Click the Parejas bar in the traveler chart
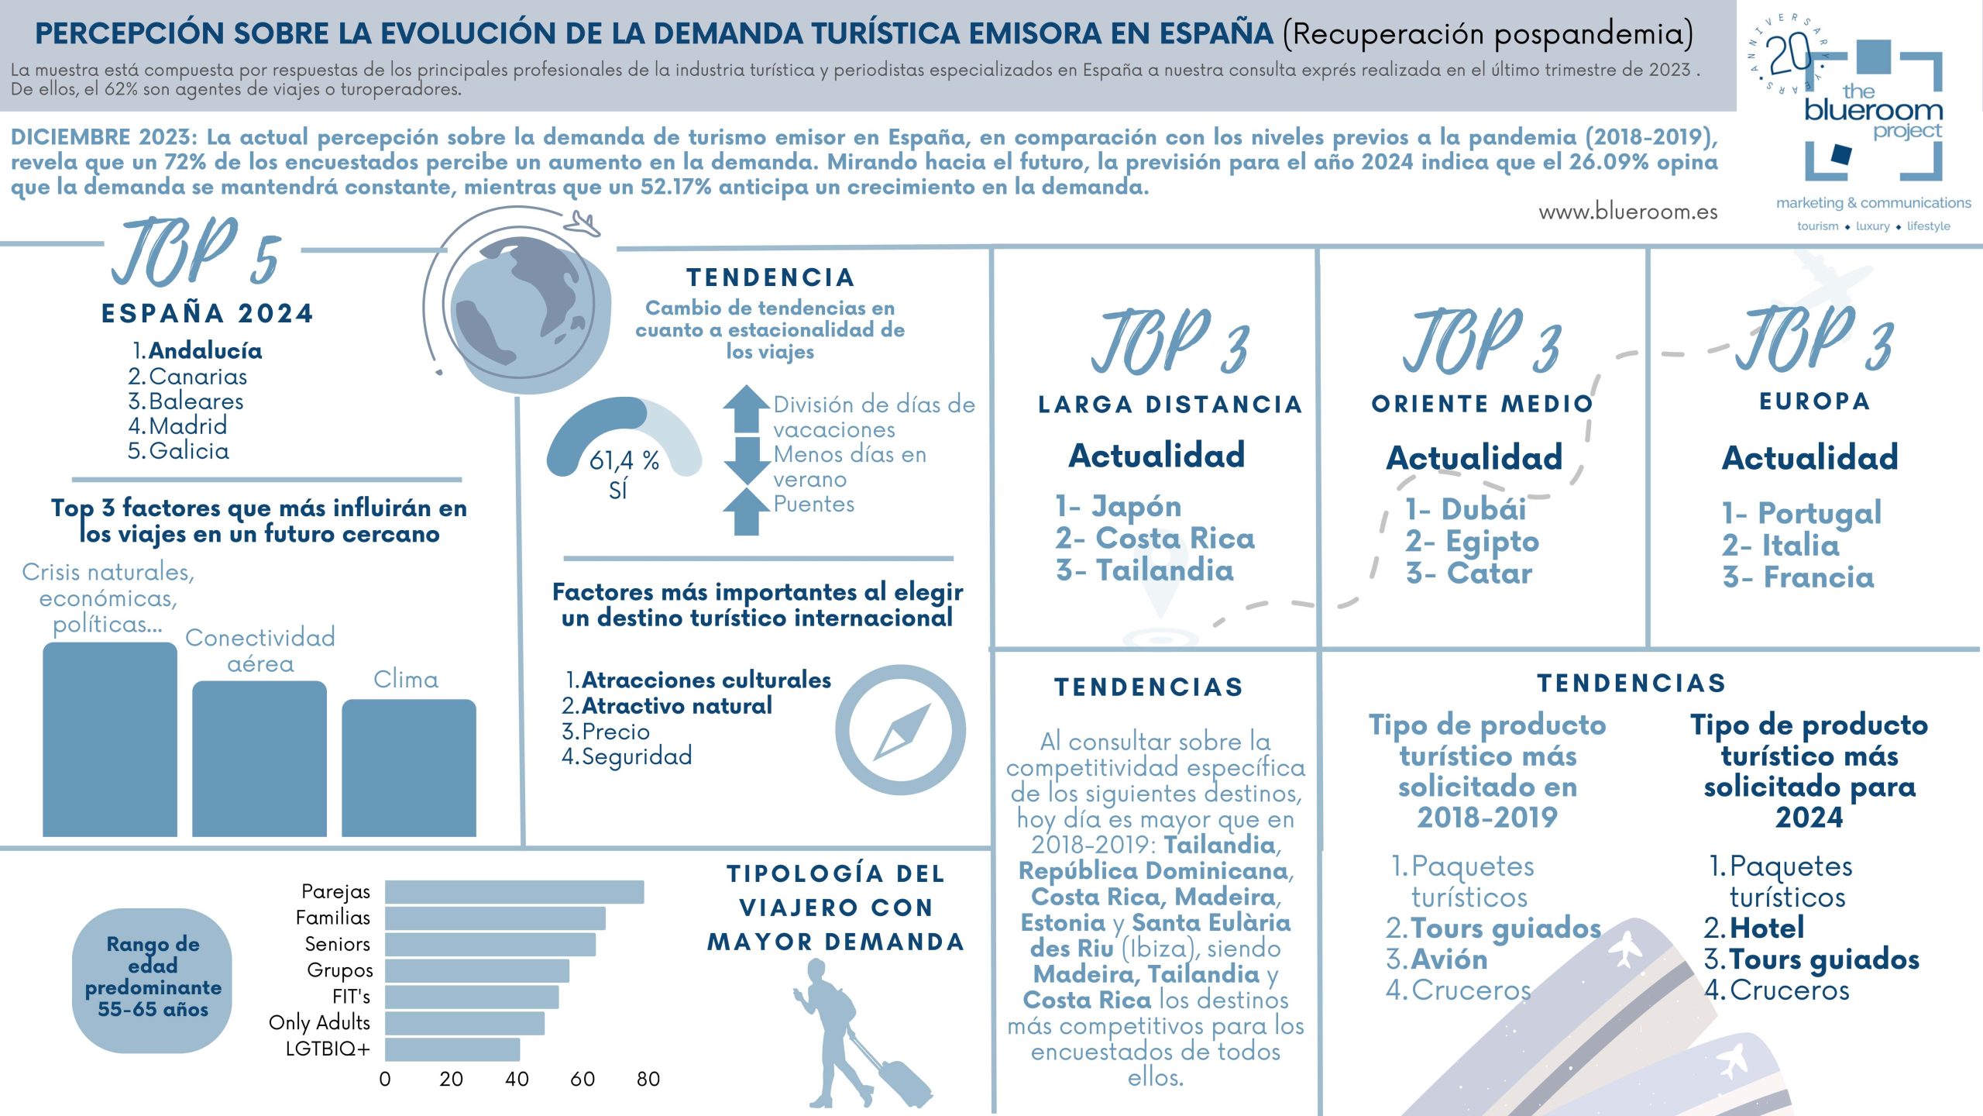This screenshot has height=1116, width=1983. coord(514,892)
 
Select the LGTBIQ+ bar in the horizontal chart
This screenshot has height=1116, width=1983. coord(452,1049)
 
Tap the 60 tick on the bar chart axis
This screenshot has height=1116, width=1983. coord(583,1079)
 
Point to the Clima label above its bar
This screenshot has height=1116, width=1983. coord(406,680)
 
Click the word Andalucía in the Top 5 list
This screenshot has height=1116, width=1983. coord(205,351)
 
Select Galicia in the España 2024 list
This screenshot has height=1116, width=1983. coord(189,451)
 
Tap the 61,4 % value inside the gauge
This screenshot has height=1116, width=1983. coord(624,461)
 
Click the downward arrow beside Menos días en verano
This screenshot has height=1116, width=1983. coord(746,460)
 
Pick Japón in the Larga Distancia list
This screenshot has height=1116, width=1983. coord(1136,507)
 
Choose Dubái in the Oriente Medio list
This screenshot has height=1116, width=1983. coord(1483,509)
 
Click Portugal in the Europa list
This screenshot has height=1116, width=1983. coord(1819,513)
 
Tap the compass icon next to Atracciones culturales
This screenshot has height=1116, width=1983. coord(900,730)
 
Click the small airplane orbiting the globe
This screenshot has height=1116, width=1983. coord(582,224)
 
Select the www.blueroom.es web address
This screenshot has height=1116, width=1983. coord(1627,212)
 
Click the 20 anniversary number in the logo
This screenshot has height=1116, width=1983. coord(1789,54)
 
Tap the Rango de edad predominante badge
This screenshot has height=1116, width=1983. coord(153,976)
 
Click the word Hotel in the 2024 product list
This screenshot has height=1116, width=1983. coord(1767,928)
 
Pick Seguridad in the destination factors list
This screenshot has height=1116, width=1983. coord(637,756)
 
